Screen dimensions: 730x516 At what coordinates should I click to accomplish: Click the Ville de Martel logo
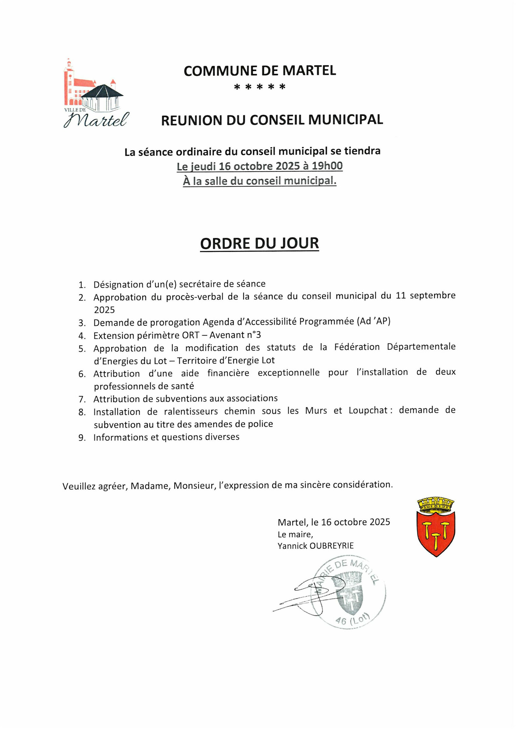(96, 94)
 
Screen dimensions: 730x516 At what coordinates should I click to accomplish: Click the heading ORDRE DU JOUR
(259, 244)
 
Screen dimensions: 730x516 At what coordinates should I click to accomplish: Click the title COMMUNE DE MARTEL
(260, 71)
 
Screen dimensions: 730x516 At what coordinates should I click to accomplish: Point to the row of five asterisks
(260, 87)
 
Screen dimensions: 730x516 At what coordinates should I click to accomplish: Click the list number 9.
(82, 438)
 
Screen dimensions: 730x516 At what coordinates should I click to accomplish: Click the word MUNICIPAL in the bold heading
(345, 120)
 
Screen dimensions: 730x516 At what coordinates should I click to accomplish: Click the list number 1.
(82, 285)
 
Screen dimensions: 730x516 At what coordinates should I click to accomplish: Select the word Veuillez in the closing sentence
(79, 486)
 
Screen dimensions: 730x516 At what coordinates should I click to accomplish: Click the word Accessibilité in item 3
(266, 322)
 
